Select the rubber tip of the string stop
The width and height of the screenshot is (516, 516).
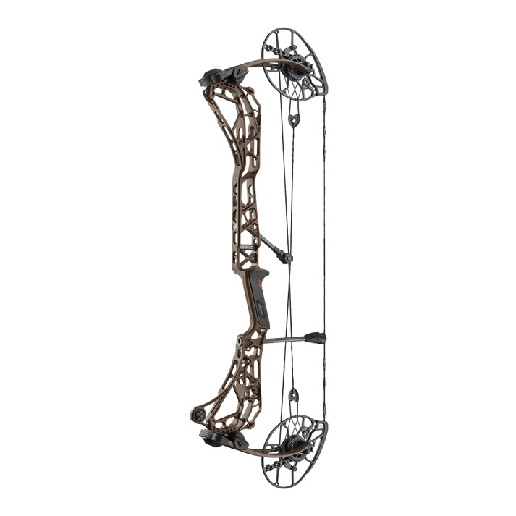tap(316, 337)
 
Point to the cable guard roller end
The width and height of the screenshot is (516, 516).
tap(287, 257)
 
